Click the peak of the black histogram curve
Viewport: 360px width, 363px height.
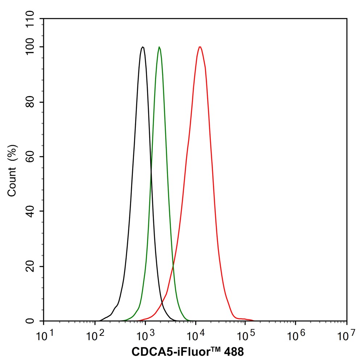(143, 47)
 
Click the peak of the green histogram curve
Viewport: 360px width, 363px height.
(159, 47)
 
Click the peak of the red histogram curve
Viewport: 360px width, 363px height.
(200, 47)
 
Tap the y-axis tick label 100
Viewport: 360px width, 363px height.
(32, 47)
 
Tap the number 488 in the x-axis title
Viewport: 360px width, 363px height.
(230, 351)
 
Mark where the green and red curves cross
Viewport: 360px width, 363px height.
(173, 267)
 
